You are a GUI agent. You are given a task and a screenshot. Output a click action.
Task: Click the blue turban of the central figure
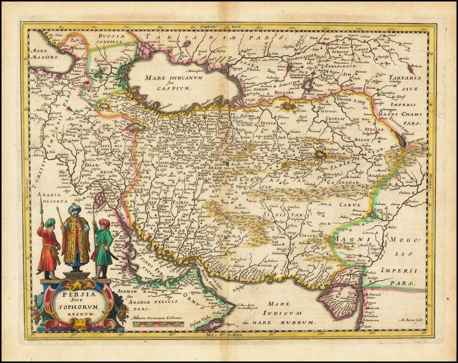[x=74, y=208]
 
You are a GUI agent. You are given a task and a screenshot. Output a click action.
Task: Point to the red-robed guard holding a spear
[x=48, y=248]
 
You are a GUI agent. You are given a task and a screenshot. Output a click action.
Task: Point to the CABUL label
[x=350, y=205]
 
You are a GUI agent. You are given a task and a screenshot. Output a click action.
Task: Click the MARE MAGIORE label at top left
[x=43, y=54]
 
